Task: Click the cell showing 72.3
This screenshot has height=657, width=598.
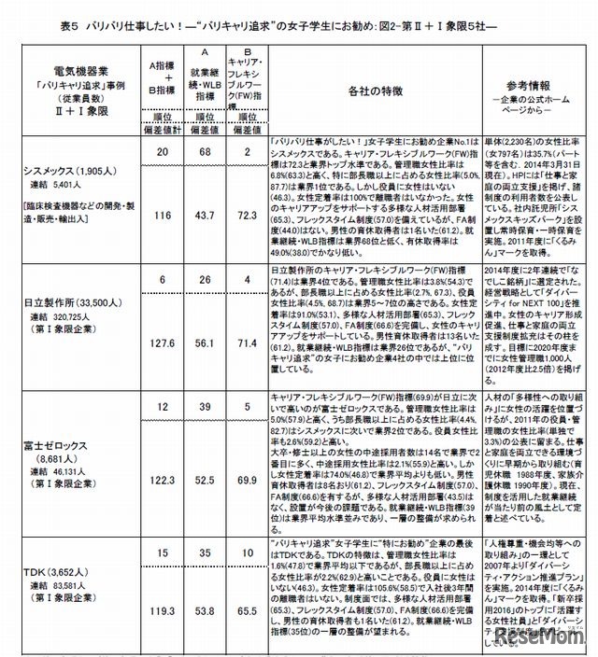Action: click(246, 215)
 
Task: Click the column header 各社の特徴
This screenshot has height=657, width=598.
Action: click(374, 92)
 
